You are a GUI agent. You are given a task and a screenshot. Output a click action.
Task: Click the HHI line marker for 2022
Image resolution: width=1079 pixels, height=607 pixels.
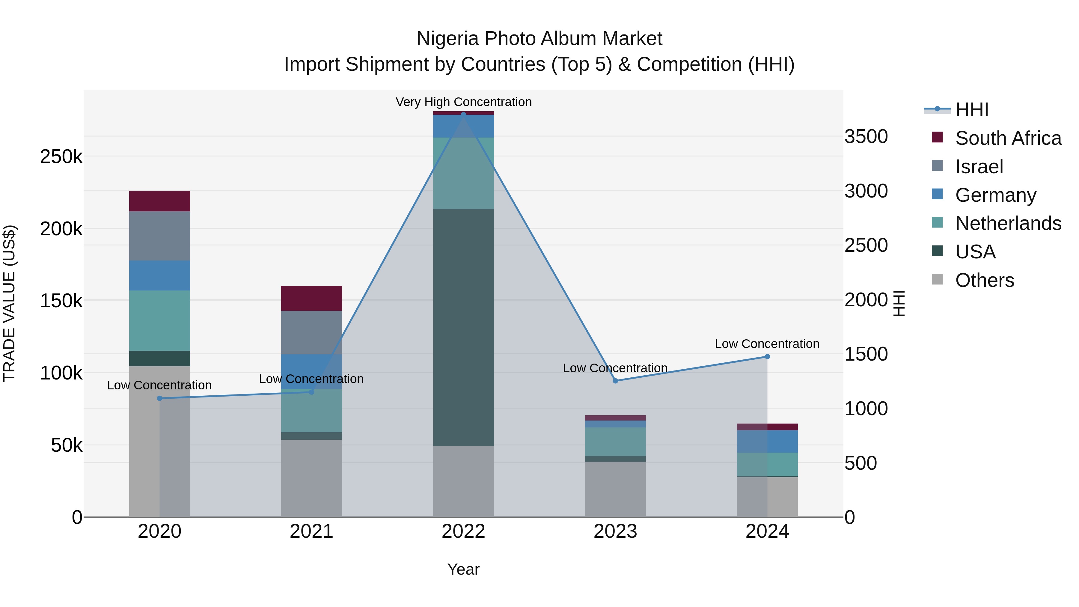click(463, 115)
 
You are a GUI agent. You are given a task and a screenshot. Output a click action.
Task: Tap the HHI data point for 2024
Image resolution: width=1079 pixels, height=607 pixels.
click(767, 356)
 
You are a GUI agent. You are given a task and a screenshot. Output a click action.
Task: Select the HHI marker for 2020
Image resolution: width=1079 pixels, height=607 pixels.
click(159, 398)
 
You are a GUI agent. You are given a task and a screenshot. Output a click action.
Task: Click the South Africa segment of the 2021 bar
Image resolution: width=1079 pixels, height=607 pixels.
click(311, 298)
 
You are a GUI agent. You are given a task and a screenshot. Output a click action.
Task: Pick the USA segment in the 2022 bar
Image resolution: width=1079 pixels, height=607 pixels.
click(463, 327)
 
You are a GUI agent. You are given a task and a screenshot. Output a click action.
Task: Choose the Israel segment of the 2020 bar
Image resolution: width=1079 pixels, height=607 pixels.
click(159, 236)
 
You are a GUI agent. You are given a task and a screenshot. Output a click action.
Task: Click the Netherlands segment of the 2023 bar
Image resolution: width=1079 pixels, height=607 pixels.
click(615, 442)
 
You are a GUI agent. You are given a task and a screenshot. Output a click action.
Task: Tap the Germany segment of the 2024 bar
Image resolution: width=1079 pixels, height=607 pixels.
click(767, 441)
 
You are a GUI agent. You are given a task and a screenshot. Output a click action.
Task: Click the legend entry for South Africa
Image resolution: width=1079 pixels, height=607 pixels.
click(1008, 138)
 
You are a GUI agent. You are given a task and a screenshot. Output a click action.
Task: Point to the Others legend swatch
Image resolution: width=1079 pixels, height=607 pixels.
click(938, 279)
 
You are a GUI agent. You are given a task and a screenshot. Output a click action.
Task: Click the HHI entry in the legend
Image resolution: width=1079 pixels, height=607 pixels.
click(972, 110)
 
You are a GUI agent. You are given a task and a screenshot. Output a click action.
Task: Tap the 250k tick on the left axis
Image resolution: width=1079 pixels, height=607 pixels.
click(61, 157)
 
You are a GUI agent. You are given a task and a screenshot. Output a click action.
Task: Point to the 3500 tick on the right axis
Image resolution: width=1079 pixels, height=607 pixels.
click(866, 137)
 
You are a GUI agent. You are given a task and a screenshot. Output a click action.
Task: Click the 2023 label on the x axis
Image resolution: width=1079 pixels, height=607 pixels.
click(615, 531)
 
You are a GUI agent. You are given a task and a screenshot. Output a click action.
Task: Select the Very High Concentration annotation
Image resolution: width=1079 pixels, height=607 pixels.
click(463, 102)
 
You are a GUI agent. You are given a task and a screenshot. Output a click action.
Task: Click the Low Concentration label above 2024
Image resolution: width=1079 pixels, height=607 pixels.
click(767, 344)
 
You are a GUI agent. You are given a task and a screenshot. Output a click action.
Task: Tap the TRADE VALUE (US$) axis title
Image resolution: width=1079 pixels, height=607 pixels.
click(9, 303)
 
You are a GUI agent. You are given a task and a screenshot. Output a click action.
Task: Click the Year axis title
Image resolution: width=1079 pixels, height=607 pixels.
click(463, 569)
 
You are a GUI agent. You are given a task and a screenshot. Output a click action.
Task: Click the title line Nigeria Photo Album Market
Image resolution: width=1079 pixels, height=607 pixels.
click(539, 39)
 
